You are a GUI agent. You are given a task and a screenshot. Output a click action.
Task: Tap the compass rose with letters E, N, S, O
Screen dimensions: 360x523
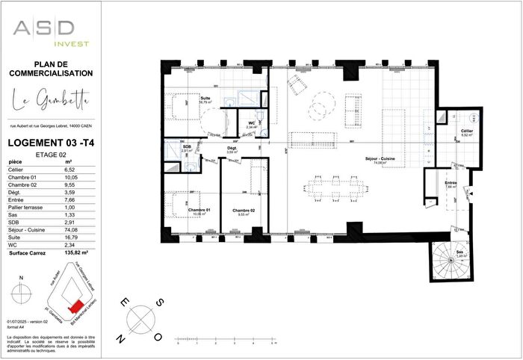[x=140, y=319]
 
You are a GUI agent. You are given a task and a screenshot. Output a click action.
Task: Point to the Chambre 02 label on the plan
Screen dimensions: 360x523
[x=244, y=211]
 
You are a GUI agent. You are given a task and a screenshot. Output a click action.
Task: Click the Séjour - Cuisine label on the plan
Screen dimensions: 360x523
[x=380, y=158]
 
